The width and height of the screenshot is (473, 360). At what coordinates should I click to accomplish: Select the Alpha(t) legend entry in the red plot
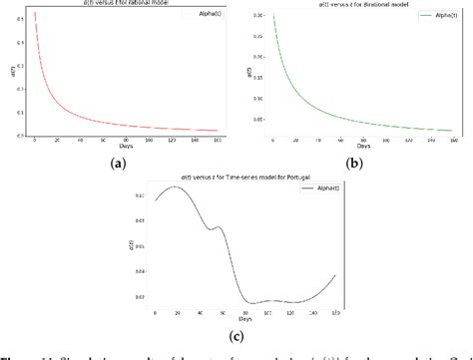click(201, 20)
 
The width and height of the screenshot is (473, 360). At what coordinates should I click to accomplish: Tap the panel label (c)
click(236, 333)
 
